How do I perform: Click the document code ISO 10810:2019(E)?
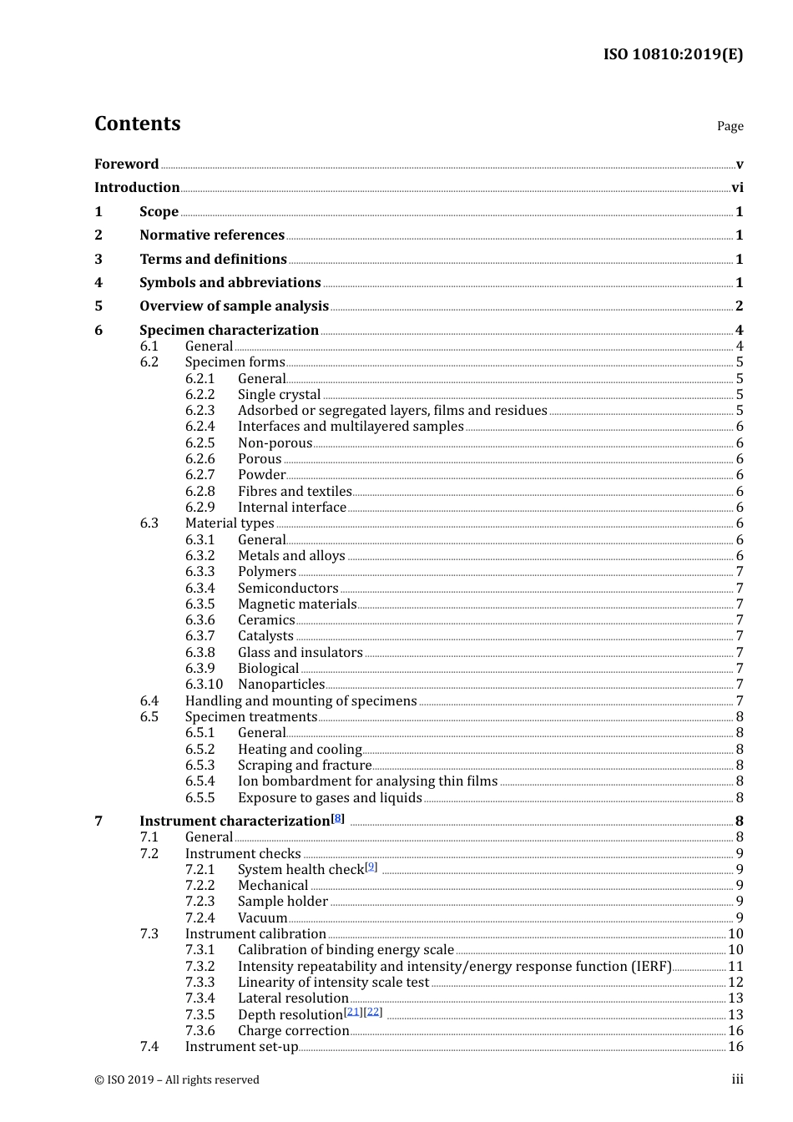pyautogui.click(x=673, y=54)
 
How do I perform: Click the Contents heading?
pyautogui.click(x=137, y=124)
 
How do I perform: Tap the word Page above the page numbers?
pyautogui.click(x=730, y=126)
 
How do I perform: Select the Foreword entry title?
pyautogui.click(x=126, y=164)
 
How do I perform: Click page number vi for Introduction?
pyautogui.click(x=737, y=188)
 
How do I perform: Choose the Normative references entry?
pyautogui.click(x=212, y=235)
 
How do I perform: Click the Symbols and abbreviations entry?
pyautogui.click(x=230, y=283)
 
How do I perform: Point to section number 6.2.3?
pyautogui.click(x=200, y=411)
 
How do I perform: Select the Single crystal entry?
pyautogui.click(x=279, y=395)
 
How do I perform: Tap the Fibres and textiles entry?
pyautogui.click(x=295, y=492)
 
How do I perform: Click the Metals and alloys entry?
pyautogui.click(x=291, y=556)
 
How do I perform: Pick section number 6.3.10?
pyautogui.click(x=204, y=685)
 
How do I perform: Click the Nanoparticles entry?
pyautogui.click(x=281, y=685)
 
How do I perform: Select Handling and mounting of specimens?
pyautogui.click(x=301, y=701)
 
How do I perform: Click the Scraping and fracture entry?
pyautogui.click(x=305, y=766)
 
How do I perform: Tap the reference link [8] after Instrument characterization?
pyautogui.click(x=337, y=818)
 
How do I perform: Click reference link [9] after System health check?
pyautogui.click(x=371, y=867)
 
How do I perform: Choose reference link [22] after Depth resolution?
pyautogui.click(x=373, y=1012)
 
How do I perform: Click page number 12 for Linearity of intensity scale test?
pyautogui.click(x=735, y=983)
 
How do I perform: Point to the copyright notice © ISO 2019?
pyautogui.click(x=176, y=1080)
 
